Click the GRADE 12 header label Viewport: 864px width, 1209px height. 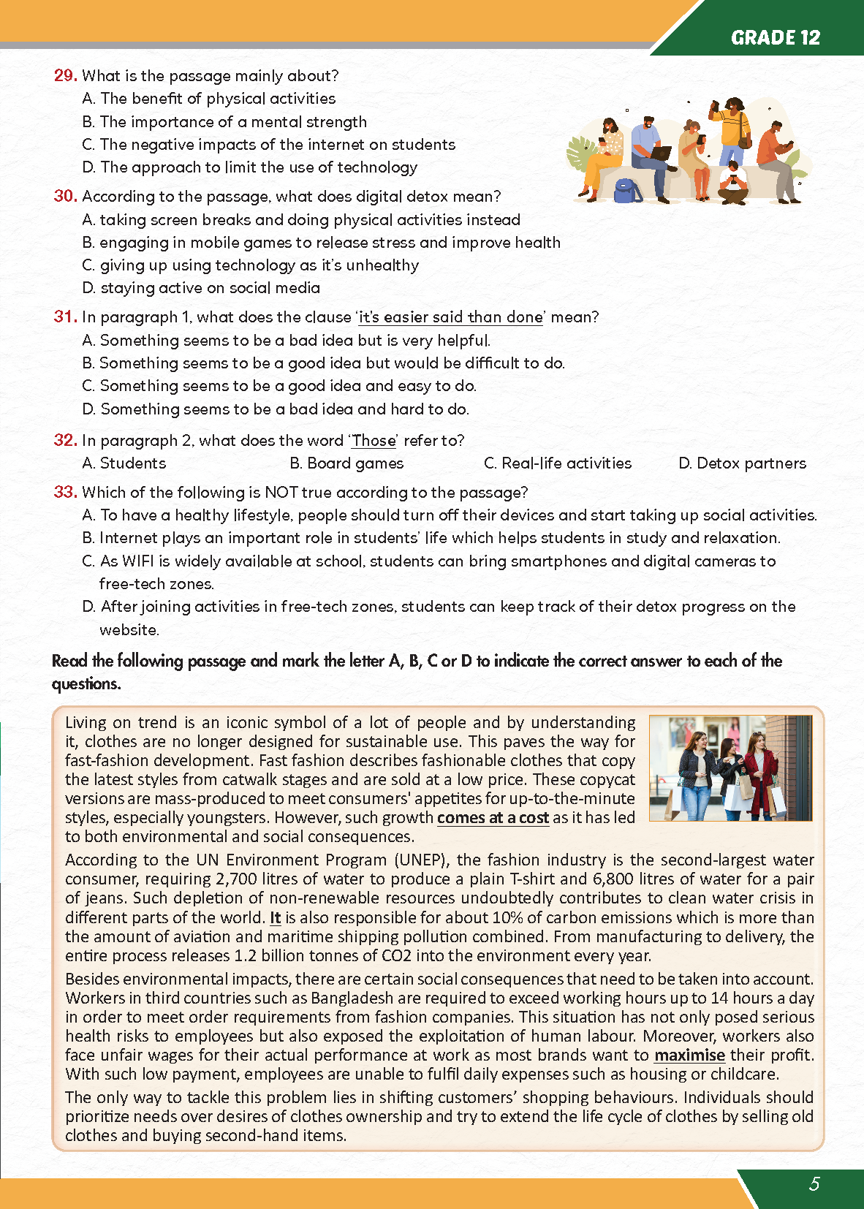pyautogui.click(x=776, y=38)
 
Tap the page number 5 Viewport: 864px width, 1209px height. pyautogui.click(x=814, y=1184)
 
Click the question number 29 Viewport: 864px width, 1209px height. pyautogui.click(x=65, y=75)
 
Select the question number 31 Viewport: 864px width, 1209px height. pyautogui.click(x=65, y=317)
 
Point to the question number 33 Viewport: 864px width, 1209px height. pyautogui.click(x=65, y=492)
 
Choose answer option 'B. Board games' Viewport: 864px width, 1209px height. pyautogui.click(x=346, y=463)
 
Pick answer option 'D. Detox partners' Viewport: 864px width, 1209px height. pyautogui.click(x=742, y=463)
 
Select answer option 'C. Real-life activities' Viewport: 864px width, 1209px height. pyautogui.click(x=558, y=463)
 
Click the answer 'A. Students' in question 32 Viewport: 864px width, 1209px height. pyautogui.click(x=124, y=463)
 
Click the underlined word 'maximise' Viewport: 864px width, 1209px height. pyautogui.click(x=689, y=1055)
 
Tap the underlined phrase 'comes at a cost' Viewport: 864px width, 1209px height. pyautogui.click(x=493, y=818)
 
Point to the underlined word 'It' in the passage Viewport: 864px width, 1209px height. pyautogui.click(x=275, y=918)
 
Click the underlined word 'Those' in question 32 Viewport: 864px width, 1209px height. pyautogui.click(x=374, y=441)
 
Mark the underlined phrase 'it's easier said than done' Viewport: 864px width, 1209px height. pyautogui.click(x=451, y=317)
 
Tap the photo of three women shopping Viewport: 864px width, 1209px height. pyautogui.click(x=730, y=768)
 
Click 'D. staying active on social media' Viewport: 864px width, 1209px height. pyautogui.click(x=201, y=288)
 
